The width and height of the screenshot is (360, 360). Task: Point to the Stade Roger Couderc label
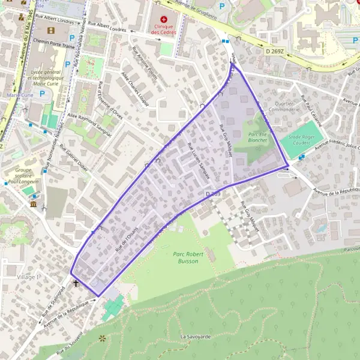(302, 140)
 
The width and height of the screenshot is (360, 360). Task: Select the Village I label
(28, 277)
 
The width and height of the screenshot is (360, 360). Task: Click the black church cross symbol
(76, 283)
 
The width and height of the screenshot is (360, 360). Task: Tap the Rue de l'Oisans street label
(127, 236)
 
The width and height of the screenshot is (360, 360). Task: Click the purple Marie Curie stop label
(18, 95)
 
